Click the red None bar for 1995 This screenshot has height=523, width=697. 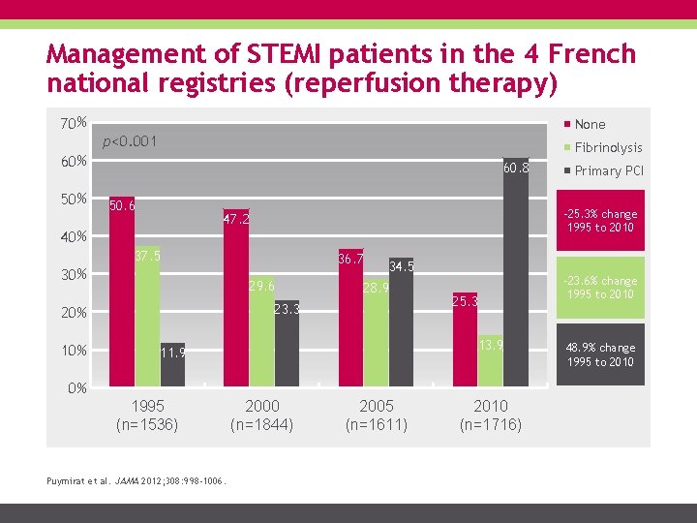[x=121, y=291]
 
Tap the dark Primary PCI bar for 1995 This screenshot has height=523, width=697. [x=171, y=365]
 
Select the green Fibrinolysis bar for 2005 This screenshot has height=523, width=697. [x=376, y=333]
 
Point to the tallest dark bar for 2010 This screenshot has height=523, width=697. [x=516, y=272]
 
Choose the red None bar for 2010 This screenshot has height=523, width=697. [x=465, y=339]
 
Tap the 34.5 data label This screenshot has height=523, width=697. [x=401, y=266]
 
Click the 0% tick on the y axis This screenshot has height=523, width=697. [x=76, y=388]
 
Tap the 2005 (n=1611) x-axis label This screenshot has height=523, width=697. [x=376, y=415]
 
